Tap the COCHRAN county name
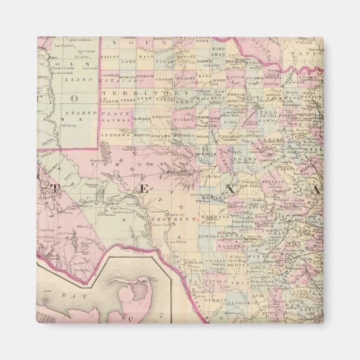110,75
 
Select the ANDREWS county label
115,135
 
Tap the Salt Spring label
67,125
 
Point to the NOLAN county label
203,136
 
